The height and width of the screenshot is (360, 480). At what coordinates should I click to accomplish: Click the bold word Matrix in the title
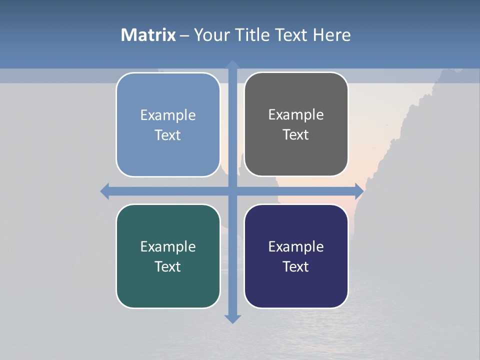(x=148, y=35)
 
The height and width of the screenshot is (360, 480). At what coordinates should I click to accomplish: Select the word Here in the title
(x=332, y=35)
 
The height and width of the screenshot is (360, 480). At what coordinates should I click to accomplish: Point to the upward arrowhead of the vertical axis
(x=232, y=64)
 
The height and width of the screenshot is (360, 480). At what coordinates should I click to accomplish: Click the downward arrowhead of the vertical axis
(x=232, y=318)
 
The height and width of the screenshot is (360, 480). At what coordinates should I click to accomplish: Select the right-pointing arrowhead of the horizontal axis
(x=359, y=191)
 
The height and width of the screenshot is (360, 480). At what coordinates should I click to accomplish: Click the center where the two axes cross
(x=232, y=191)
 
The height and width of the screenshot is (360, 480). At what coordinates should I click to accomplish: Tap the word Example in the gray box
(x=296, y=115)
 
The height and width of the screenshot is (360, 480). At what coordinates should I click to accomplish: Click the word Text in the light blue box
(x=168, y=135)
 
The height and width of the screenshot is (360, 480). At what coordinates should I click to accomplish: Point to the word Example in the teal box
(x=168, y=247)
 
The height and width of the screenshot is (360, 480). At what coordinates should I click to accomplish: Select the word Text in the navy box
(x=296, y=267)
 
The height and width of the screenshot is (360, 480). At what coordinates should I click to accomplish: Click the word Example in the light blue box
(x=168, y=115)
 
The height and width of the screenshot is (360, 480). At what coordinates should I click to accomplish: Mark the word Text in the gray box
(x=296, y=135)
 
